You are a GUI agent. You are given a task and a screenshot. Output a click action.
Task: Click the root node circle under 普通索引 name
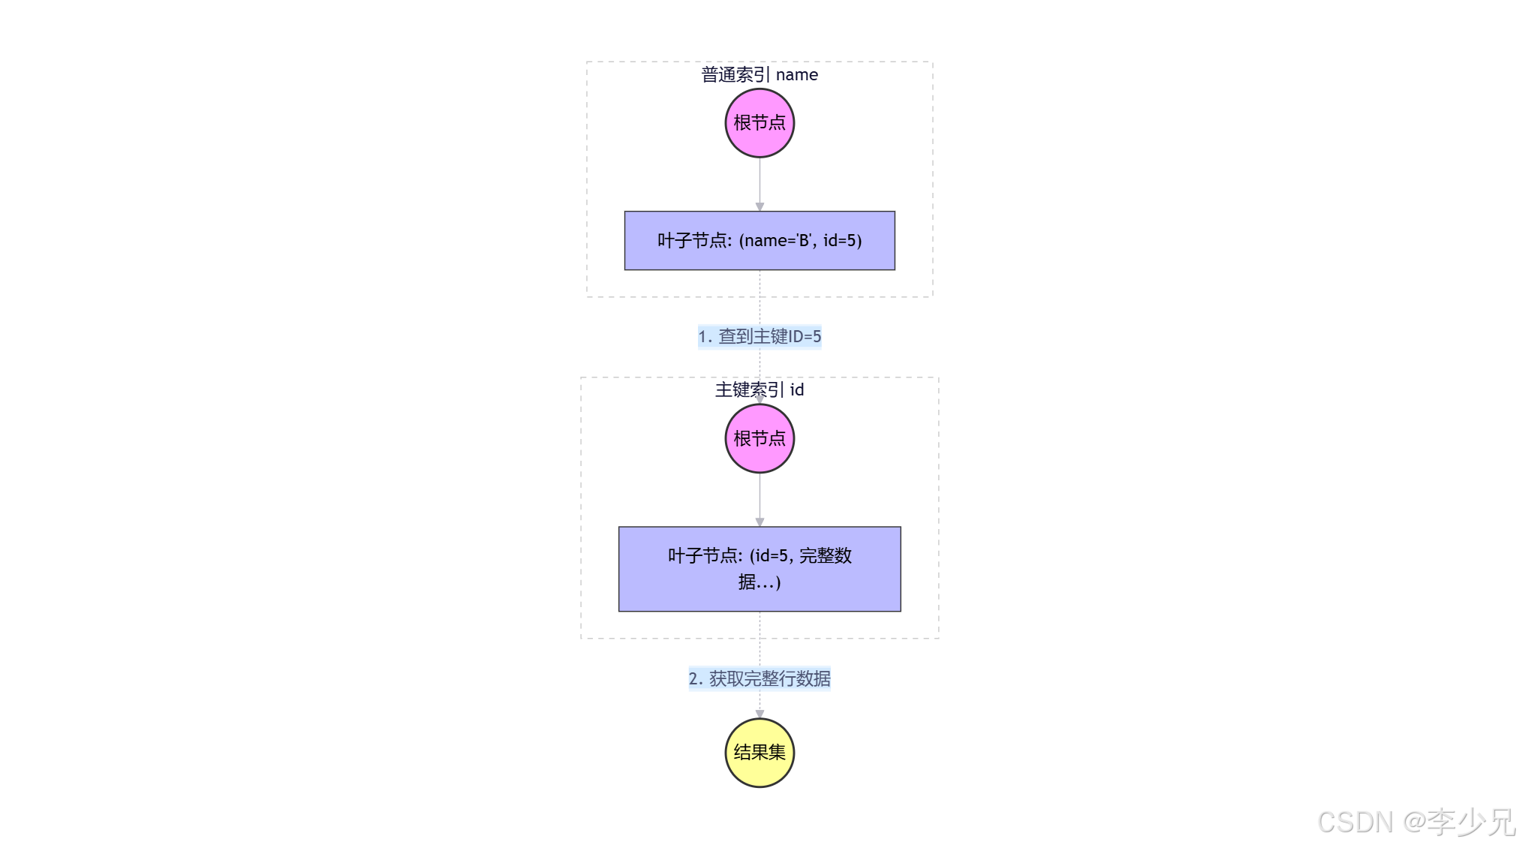(759, 123)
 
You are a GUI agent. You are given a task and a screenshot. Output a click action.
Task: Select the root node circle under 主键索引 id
(759, 438)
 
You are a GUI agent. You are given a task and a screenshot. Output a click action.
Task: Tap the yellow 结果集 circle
(759, 753)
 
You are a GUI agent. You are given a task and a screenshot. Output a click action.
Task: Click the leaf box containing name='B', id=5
(759, 240)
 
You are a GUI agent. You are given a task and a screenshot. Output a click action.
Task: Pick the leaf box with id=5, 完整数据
(759, 569)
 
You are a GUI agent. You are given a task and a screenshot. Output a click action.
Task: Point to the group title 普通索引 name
(759, 74)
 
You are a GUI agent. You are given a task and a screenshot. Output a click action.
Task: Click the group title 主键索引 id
(759, 389)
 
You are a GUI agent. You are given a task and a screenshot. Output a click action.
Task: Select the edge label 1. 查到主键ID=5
(759, 336)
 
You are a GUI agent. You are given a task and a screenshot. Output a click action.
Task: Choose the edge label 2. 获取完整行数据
(759, 678)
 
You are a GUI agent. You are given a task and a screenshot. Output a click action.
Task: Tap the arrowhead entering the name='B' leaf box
(759, 206)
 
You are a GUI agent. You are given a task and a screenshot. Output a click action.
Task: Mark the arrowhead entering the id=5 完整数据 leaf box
(759, 522)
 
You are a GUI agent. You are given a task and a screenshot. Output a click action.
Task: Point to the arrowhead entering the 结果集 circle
(759, 714)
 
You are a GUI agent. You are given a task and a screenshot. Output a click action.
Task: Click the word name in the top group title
(797, 74)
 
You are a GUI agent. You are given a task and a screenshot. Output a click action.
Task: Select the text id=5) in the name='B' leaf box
(843, 240)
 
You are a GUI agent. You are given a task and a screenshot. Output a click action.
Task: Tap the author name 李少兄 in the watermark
(1471, 822)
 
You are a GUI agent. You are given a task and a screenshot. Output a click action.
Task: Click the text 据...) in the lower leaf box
(759, 582)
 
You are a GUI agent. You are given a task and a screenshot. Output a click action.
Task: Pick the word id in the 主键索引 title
(797, 389)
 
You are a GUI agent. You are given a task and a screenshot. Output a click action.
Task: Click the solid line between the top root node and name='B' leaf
(759, 180)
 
